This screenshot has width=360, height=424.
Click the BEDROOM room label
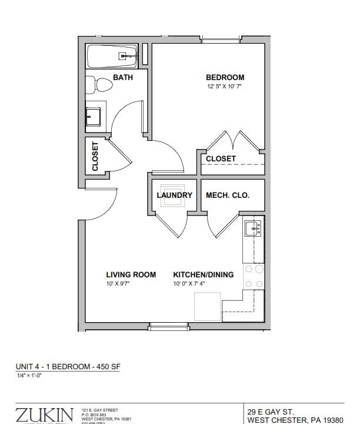tap(225, 78)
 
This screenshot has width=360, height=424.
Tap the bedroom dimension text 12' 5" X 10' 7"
tap(225, 87)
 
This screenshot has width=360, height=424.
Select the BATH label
tap(122, 78)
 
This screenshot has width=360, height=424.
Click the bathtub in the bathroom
tap(112, 57)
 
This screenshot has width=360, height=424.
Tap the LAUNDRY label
tap(174, 196)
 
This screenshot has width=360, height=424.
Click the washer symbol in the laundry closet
tap(173, 200)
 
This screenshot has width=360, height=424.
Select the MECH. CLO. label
tap(228, 196)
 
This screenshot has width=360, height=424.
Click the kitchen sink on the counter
tap(254, 228)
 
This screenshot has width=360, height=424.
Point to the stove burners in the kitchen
tap(254, 276)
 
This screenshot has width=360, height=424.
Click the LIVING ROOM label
tap(131, 274)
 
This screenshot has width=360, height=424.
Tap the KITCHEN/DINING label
tap(203, 274)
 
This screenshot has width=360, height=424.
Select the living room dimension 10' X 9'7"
tap(118, 283)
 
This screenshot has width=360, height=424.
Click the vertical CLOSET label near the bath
tap(95, 156)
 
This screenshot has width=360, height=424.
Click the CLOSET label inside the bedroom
tap(221, 158)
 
